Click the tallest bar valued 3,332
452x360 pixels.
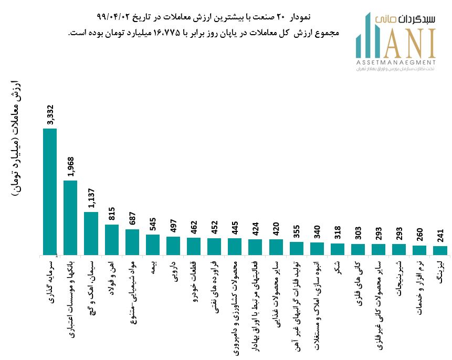[50, 192]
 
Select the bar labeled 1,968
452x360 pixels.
[70, 218]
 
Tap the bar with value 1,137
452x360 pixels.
[91, 234]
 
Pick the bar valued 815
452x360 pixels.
[111, 240]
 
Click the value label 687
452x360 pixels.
[133, 218]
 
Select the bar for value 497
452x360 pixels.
[173, 246]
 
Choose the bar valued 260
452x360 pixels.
[419, 250]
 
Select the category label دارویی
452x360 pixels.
[174, 271]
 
